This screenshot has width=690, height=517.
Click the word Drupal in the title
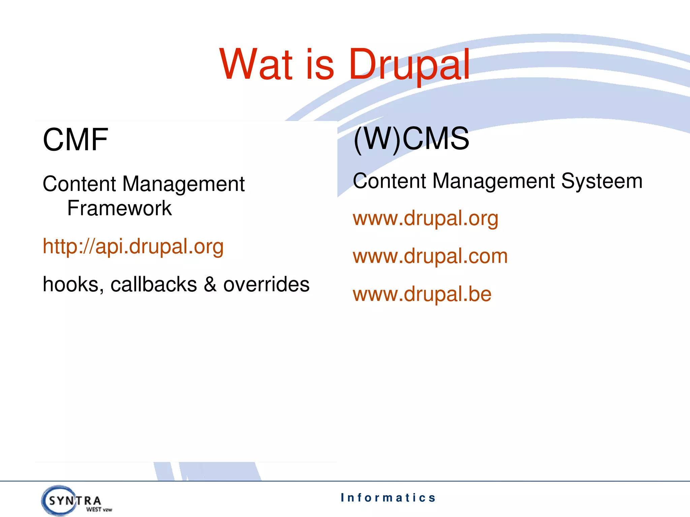click(x=409, y=64)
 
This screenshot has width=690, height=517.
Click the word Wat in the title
click(x=256, y=64)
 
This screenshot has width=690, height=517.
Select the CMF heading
click(x=75, y=140)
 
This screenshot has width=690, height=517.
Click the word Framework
click(x=119, y=208)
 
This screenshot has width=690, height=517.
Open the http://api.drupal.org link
click(x=133, y=246)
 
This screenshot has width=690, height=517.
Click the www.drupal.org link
click(x=426, y=218)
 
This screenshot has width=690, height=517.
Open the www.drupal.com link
click(x=430, y=256)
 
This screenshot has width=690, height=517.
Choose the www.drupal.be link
click(x=422, y=294)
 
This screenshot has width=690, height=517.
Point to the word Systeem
click(x=602, y=181)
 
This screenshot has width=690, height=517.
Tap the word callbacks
click(x=154, y=284)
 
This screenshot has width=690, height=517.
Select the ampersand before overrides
click(x=210, y=284)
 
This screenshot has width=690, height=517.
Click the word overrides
click(x=266, y=284)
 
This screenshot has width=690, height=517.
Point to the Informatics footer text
click(x=388, y=497)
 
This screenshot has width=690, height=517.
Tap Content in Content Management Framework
click(x=80, y=184)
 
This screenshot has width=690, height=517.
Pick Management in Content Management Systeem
click(x=493, y=181)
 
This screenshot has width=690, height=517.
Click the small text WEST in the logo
click(x=94, y=510)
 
